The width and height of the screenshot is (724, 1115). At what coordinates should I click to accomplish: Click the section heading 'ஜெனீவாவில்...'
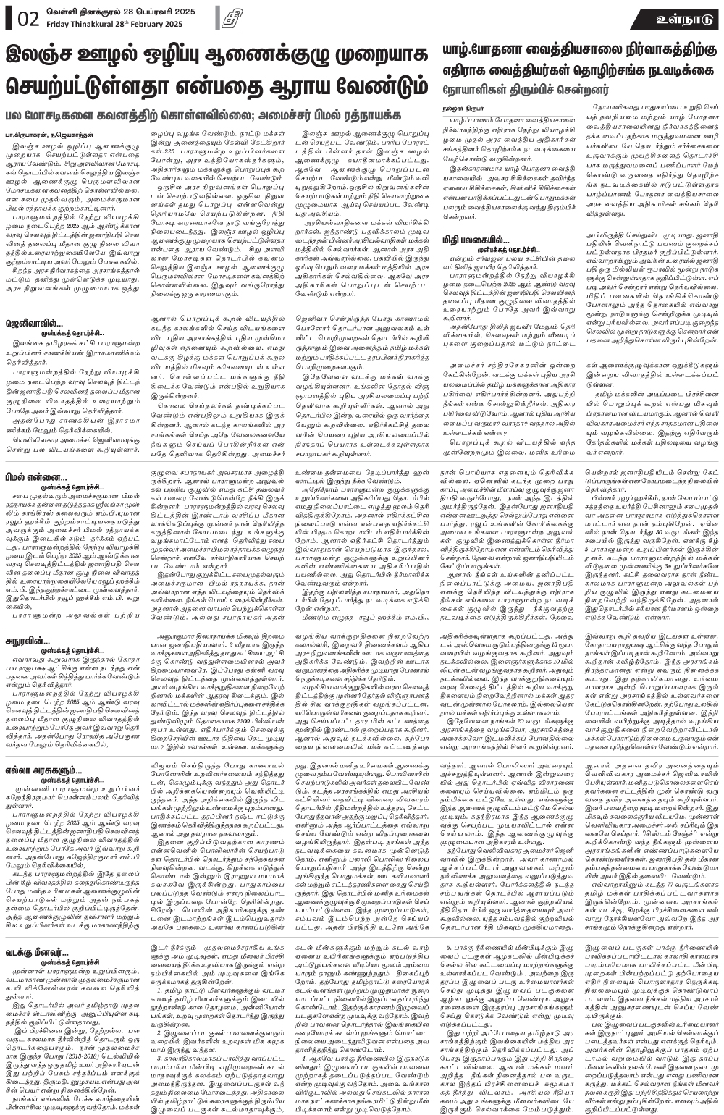[41, 298]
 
